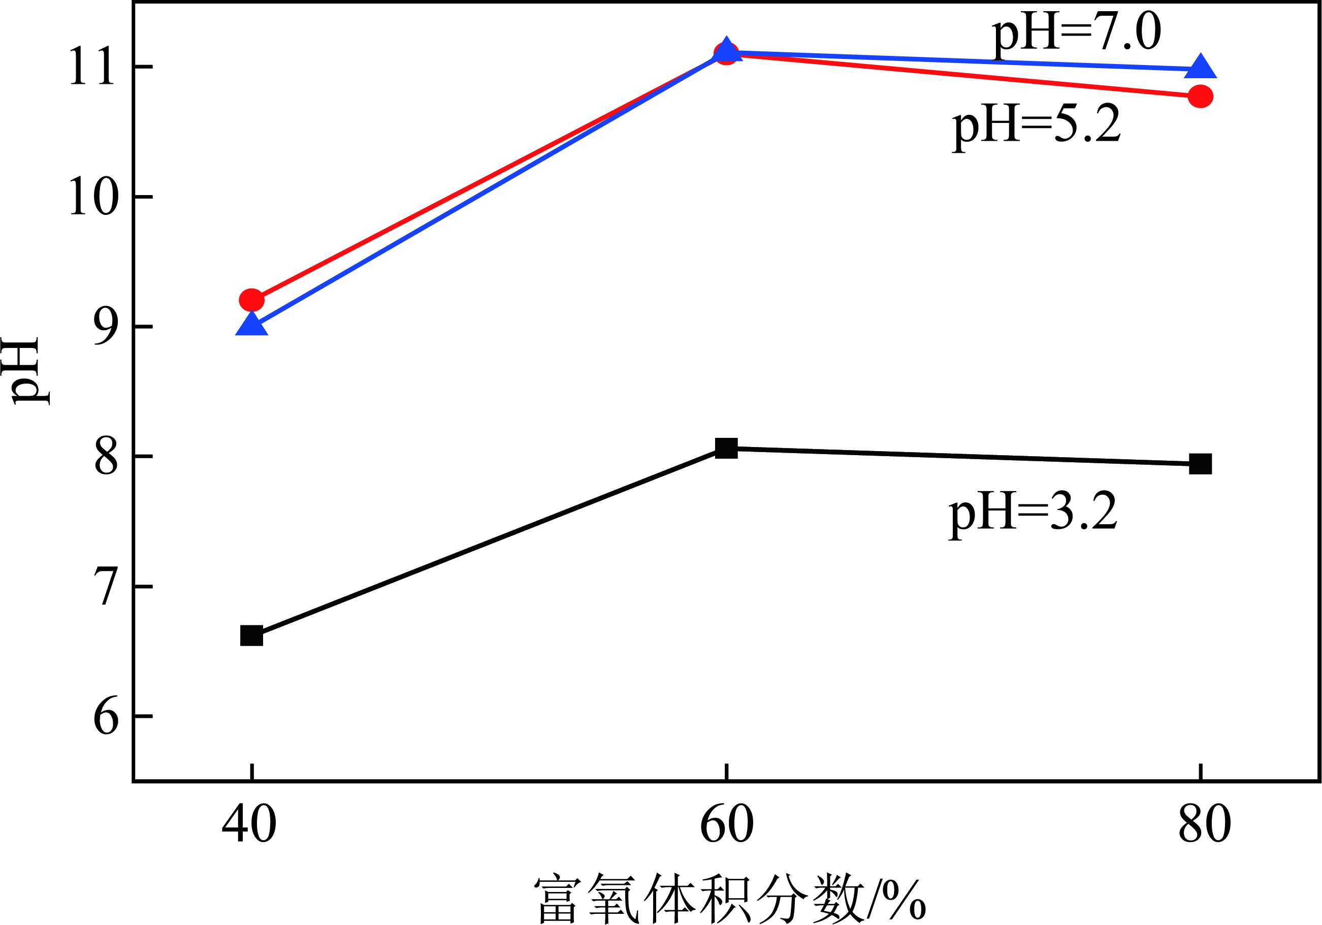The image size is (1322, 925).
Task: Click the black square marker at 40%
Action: (x=251, y=636)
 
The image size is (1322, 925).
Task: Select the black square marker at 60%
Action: (x=726, y=448)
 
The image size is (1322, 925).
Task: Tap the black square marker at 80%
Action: (x=1201, y=464)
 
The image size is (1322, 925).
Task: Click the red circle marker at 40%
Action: (x=251, y=300)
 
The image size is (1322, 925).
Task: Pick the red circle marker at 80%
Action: (x=1201, y=96)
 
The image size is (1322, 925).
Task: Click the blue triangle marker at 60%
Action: (x=727, y=50)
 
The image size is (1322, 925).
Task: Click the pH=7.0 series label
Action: (x=1076, y=33)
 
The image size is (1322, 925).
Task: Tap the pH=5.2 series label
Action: (x=1037, y=125)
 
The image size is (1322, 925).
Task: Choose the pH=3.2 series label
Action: (x=1033, y=512)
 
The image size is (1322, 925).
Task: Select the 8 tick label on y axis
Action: (x=106, y=457)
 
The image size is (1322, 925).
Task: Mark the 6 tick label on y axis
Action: (x=106, y=717)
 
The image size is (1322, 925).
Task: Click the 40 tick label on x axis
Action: (x=249, y=824)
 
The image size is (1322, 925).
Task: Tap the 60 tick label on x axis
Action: (x=726, y=824)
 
